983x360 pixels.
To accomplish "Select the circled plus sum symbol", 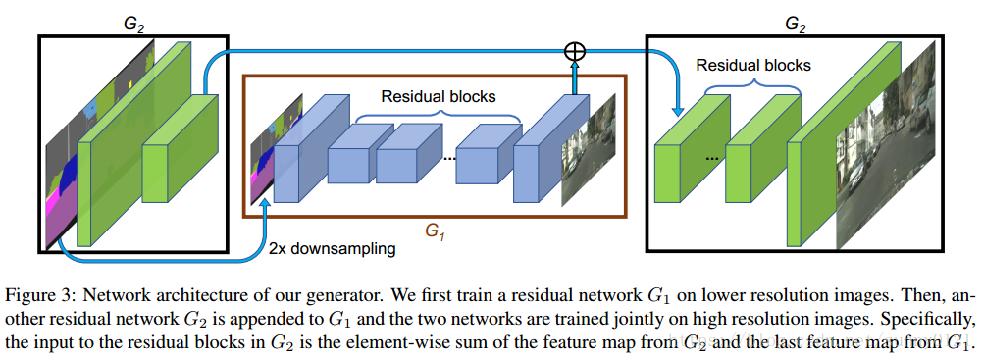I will (x=576, y=52).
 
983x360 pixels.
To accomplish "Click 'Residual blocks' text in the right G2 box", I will (x=753, y=66).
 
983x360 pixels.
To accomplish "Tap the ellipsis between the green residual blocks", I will (x=714, y=156).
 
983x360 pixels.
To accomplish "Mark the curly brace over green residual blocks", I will (x=751, y=87).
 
